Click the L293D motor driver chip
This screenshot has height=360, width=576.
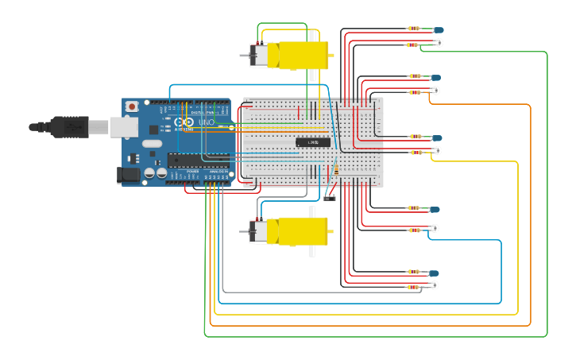(313, 142)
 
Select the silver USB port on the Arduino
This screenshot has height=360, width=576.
(122, 126)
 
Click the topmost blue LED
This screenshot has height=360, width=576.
(438, 29)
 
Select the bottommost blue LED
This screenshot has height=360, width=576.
(434, 273)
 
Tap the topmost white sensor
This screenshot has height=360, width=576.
(439, 43)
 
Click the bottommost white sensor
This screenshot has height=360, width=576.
(435, 285)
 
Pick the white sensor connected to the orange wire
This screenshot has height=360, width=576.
(435, 91)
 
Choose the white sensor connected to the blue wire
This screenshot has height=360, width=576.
(435, 229)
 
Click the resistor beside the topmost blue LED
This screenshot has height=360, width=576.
(414, 29)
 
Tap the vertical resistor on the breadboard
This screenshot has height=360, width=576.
(337, 169)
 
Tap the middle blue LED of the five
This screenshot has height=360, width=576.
(436, 137)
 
